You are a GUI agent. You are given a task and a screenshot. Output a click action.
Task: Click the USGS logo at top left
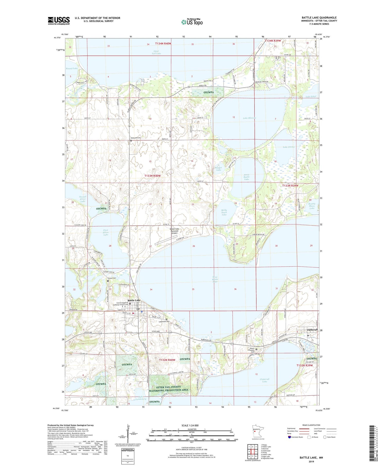click(x=59, y=21)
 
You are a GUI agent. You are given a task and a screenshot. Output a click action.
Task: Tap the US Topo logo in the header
click(x=192, y=22)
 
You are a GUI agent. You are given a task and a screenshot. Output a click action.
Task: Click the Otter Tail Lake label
click(x=157, y=52)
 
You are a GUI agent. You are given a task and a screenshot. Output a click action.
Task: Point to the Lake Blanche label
click(x=249, y=118)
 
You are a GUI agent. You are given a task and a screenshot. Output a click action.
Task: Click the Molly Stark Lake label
click(x=224, y=212)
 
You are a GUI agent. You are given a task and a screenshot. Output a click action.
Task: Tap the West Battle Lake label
click(x=215, y=279)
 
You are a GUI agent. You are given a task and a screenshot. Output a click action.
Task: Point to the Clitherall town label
click(x=312, y=330)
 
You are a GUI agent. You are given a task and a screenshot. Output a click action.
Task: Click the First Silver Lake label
click(x=106, y=233)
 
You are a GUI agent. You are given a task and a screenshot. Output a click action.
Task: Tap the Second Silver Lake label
click(x=83, y=199)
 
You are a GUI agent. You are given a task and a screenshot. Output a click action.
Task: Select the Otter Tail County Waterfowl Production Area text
click(x=169, y=388)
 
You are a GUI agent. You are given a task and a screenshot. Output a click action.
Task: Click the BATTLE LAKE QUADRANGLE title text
click(x=319, y=18)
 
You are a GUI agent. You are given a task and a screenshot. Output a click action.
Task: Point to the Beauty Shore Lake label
click(x=312, y=206)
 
